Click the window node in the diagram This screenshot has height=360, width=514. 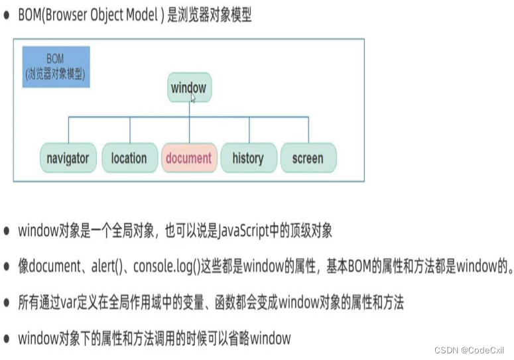coord(188,88)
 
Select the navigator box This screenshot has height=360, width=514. coord(68,158)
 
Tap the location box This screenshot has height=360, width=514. coord(129,158)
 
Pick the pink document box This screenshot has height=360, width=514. coord(189,158)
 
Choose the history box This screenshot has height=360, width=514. coord(248,158)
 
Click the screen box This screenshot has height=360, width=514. coord(307,158)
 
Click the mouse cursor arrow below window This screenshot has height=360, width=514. coord(193,98)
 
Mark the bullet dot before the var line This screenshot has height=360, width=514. coord(7,303)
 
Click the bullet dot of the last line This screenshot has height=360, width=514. coord(7,339)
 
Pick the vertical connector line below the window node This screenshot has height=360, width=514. coord(189,109)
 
